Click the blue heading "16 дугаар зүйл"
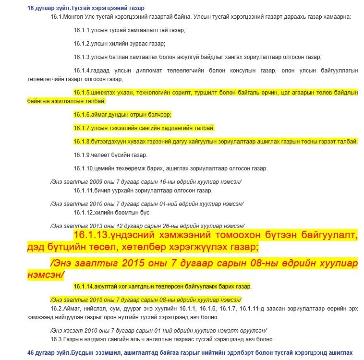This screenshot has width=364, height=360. (49, 8)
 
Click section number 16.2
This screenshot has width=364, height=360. (56, 308)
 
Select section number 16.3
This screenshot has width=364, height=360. (56, 339)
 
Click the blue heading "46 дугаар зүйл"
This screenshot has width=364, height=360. (49, 352)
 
